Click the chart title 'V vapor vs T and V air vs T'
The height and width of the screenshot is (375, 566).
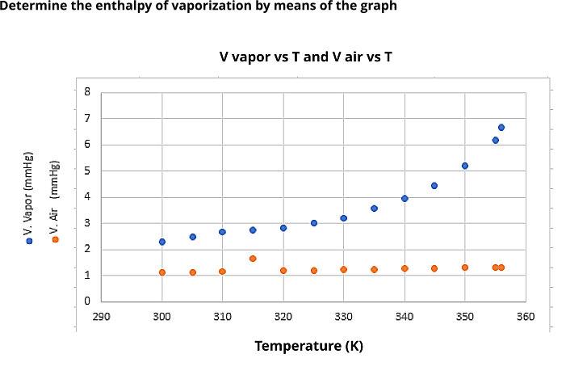306,57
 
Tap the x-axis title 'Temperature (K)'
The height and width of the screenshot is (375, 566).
308,346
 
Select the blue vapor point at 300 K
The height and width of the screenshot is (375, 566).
162,242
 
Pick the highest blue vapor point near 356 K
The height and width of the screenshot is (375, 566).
501,128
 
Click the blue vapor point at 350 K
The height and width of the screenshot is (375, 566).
465,166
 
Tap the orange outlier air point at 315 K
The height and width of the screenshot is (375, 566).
253,259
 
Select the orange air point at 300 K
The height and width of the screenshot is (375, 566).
162,272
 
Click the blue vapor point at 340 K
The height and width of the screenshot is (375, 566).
405,198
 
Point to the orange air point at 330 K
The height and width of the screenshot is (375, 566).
343,269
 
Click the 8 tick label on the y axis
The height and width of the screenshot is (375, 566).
87,92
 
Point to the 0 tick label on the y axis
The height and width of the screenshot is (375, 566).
87,301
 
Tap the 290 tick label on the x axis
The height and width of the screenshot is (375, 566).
102,316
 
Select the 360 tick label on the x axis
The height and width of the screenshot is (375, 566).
526,316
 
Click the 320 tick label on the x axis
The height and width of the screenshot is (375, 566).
283,316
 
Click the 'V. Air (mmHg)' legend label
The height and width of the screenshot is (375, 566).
55,194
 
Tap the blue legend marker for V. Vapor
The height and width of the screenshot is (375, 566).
28,241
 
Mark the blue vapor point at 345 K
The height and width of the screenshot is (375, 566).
434,186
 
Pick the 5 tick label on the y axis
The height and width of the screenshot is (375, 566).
87,171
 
